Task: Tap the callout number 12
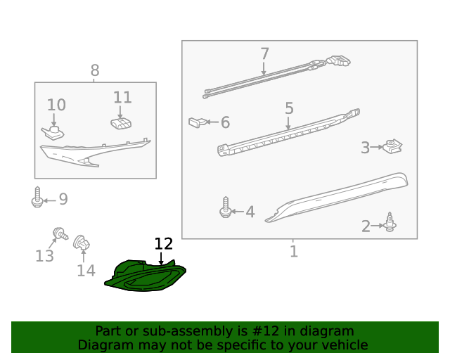(164, 244)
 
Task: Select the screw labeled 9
(37, 197)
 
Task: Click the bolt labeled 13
(60, 233)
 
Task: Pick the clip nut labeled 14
(82, 243)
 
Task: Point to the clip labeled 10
(53, 133)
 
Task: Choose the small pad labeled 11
(121, 124)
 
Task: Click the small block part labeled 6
(197, 122)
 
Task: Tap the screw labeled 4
(226, 207)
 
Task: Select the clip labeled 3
(392, 146)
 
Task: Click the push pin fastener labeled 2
(390, 222)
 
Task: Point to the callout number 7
(264, 53)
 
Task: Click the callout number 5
(289, 108)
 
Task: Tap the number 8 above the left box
(95, 70)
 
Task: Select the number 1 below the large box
(294, 251)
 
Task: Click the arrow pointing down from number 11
(120, 112)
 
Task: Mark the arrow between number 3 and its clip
(377, 147)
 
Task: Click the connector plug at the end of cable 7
(339, 60)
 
